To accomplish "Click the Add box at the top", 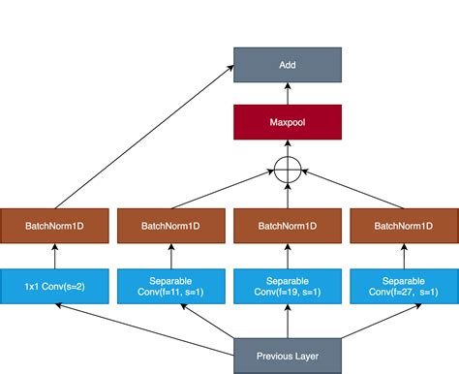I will [288, 65].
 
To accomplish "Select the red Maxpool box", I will [288, 122].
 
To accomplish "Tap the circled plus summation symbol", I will [288, 171].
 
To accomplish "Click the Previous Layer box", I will [288, 355].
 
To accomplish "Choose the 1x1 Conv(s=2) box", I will [55, 285].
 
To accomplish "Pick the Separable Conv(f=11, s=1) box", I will [171, 285].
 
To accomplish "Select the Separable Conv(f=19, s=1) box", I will [288, 285].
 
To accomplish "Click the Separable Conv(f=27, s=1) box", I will [404, 285].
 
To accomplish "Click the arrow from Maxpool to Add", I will [288, 93].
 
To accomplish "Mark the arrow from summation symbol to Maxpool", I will [288, 150].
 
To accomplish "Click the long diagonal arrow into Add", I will [145, 136].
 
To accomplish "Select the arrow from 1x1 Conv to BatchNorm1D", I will [55, 255].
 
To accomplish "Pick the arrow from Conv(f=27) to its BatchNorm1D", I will [404, 255].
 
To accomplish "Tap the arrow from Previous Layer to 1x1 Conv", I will [145, 324].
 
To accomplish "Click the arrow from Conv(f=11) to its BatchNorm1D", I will [171, 255].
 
